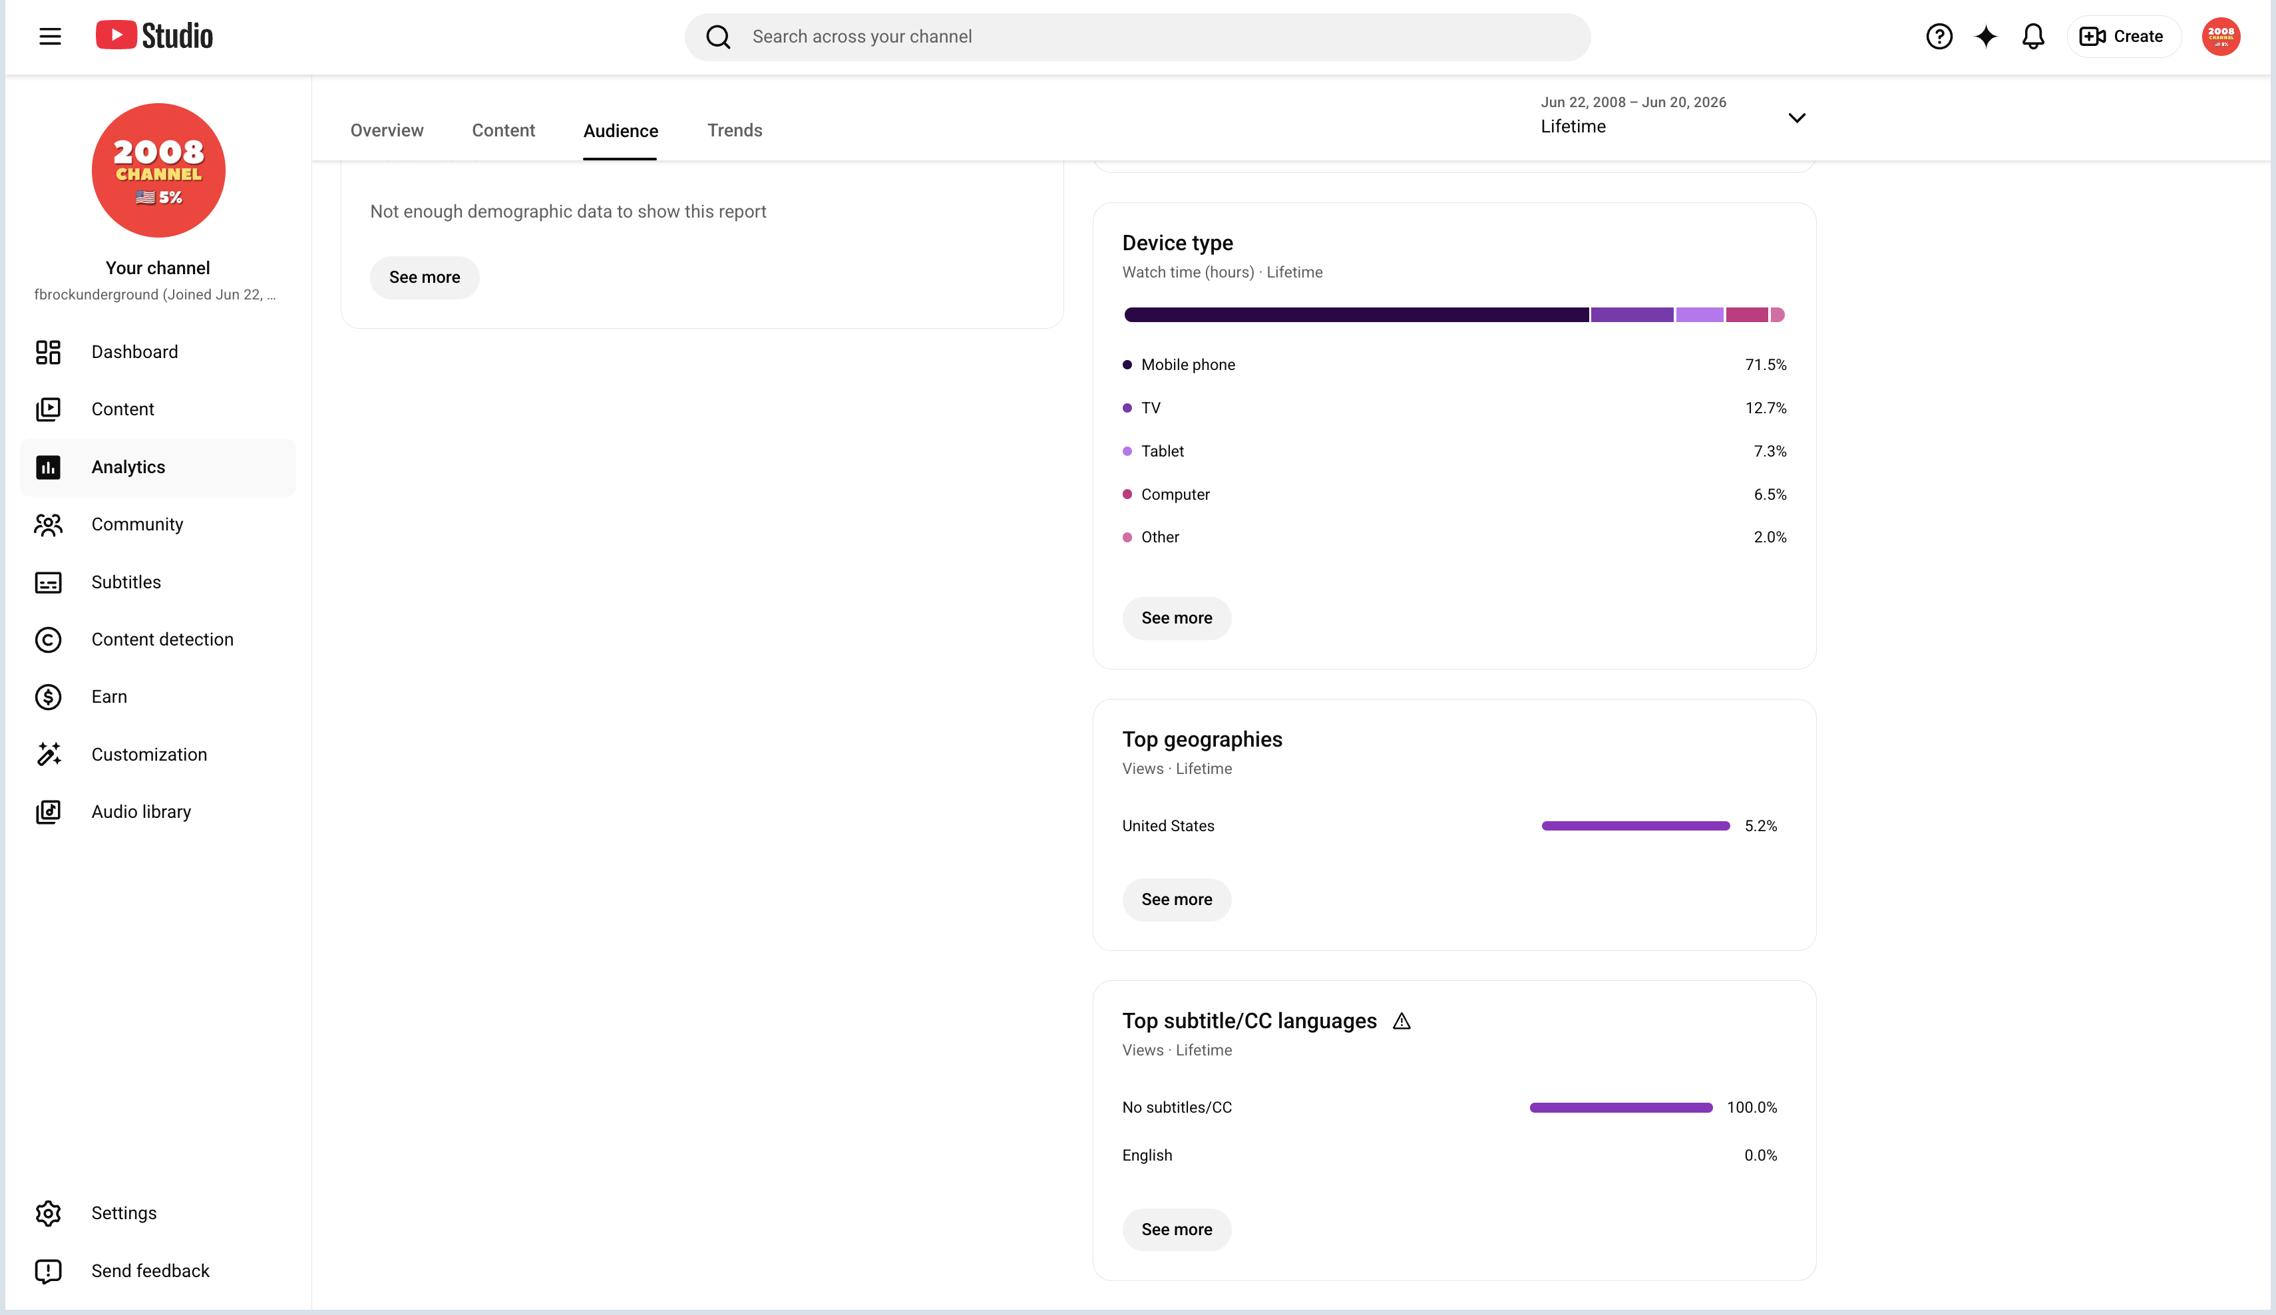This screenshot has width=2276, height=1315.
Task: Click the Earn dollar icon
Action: [48, 697]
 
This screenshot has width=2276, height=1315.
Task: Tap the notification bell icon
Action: [2032, 36]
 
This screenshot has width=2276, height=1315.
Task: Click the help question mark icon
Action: [1939, 36]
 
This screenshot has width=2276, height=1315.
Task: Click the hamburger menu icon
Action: [51, 36]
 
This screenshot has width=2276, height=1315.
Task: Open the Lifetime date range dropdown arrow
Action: [1796, 117]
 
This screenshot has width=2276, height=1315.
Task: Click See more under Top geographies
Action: [1176, 900]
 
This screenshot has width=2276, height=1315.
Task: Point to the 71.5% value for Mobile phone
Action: [1765, 365]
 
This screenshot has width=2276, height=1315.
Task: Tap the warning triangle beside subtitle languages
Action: [1401, 1022]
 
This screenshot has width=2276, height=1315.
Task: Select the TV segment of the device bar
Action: [1631, 314]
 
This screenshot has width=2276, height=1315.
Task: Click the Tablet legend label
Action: [1161, 452]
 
